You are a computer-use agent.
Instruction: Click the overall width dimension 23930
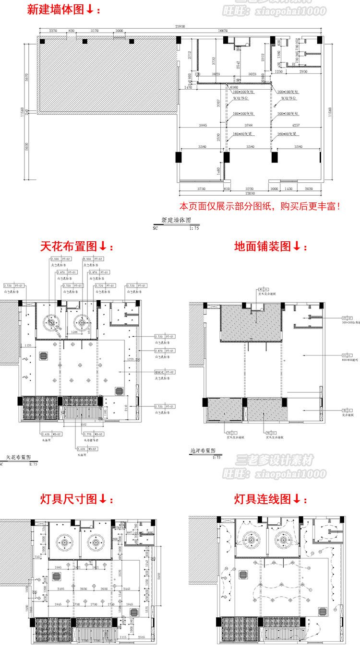tap(180, 27)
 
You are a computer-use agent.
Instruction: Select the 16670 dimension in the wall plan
tap(222, 31)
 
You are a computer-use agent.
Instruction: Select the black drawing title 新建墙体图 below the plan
tap(176, 220)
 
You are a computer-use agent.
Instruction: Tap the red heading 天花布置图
tap(75, 247)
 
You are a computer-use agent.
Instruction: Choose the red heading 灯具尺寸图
tap(75, 499)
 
